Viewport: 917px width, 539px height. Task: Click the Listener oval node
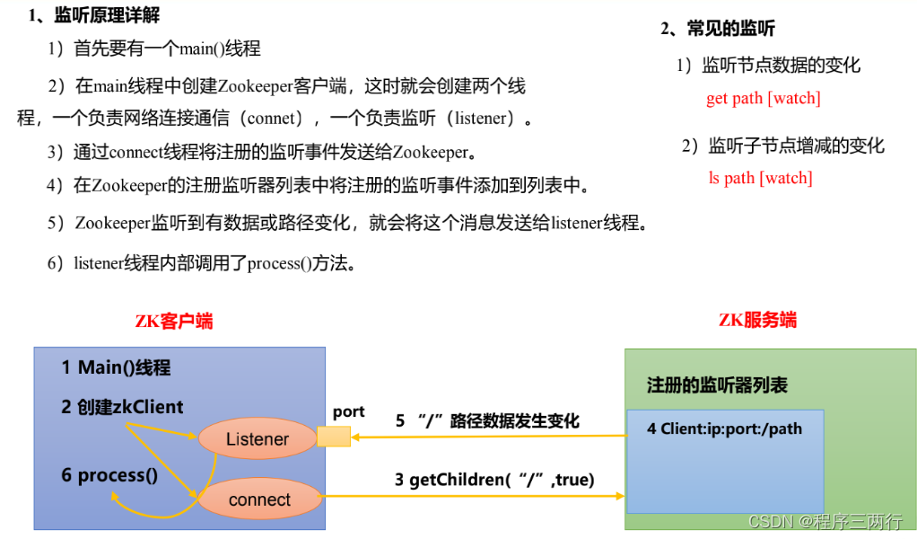point(258,439)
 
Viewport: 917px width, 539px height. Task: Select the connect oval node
point(259,499)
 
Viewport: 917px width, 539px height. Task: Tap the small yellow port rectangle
point(333,437)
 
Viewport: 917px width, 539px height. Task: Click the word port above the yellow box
point(348,411)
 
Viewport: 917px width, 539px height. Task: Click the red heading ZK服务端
point(757,320)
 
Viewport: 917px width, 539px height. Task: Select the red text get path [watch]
point(763,98)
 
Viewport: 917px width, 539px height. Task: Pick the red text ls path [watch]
point(760,178)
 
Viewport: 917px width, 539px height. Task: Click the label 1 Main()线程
point(116,367)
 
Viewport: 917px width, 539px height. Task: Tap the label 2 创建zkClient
point(122,407)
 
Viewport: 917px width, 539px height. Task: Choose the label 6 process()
point(109,475)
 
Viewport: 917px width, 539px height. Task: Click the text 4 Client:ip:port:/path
point(724,429)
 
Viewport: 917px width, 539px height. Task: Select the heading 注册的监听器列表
point(717,385)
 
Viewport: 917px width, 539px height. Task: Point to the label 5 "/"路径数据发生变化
point(487,420)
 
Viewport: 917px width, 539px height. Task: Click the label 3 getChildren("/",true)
point(494,480)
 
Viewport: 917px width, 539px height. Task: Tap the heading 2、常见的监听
point(718,29)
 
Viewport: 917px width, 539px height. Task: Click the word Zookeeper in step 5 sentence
point(112,223)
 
